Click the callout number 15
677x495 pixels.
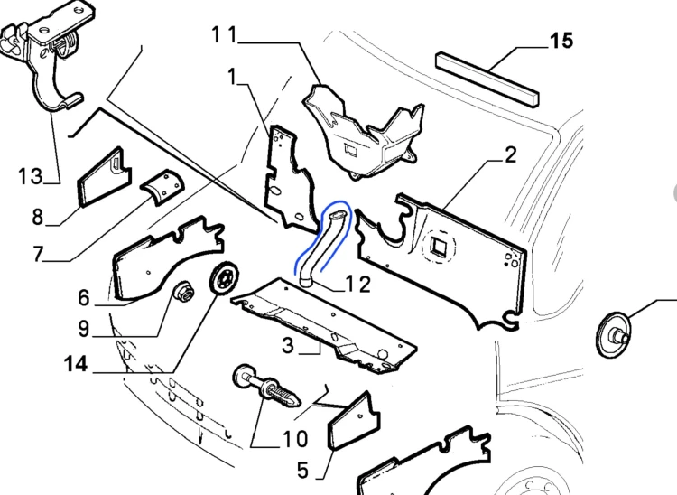(561, 41)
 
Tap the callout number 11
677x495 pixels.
(225, 34)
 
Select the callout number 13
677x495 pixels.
(31, 176)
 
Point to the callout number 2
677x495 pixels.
(510, 155)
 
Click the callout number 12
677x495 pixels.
(358, 285)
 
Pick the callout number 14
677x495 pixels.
(76, 364)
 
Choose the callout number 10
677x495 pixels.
(295, 439)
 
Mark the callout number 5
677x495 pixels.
(303, 470)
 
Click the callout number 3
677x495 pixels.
(288, 346)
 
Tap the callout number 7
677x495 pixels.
(38, 254)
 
